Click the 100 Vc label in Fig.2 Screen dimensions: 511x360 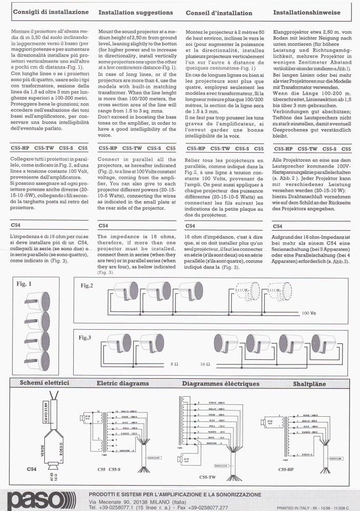[310, 312]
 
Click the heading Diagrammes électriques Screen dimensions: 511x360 [221, 383]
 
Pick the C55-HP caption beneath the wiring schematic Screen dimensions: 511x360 [300, 468]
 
